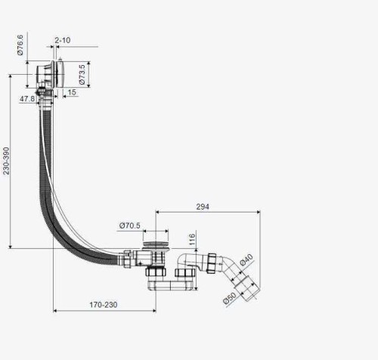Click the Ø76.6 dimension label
click(x=20, y=45)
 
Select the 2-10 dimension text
click(x=63, y=40)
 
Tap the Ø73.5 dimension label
click(x=82, y=74)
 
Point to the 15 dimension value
click(x=72, y=92)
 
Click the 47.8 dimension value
click(x=27, y=99)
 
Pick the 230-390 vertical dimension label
click(x=6, y=161)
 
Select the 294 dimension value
click(x=203, y=206)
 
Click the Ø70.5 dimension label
click(x=129, y=225)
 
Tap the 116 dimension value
click(x=192, y=240)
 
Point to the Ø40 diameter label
click(x=246, y=260)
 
